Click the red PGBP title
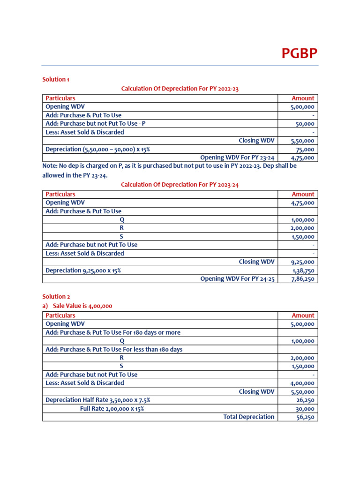point(299,54)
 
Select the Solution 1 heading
point(56,79)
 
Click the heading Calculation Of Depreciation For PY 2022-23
point(180,89)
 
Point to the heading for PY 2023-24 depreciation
point(180,185)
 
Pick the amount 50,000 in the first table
point(304,124)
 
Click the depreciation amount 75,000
point(306,150)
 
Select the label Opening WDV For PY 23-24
point(237,157)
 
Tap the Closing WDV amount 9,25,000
point(302,262)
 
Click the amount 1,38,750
point(303,270)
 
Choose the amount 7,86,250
point(302,279)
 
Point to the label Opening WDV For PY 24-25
point(237,279)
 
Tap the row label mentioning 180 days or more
point(113,332)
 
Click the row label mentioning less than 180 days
point(114,349)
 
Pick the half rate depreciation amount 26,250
point(305,400)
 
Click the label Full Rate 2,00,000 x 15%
point(112,408)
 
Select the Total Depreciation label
point(248,417)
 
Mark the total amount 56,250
point(305,417)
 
